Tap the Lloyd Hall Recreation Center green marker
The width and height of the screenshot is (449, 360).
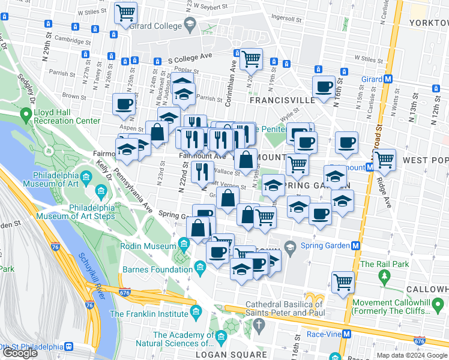coord(25,114)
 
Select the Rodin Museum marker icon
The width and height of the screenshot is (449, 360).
coord(184,244)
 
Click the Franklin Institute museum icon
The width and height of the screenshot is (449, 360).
coord(196,311)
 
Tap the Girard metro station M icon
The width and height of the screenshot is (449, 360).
coord(388,79)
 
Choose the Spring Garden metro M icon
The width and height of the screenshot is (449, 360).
coord(355,245)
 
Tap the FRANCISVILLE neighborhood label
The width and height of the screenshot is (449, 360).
coord(282,100)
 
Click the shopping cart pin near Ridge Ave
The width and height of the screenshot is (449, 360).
coord(384,160)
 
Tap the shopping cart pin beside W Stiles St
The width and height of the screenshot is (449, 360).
coord(125,12)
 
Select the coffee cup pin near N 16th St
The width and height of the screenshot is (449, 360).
coord(324,86)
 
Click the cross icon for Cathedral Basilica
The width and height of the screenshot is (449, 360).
coord(259,325)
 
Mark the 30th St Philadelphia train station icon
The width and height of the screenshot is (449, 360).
coord(69,347)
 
